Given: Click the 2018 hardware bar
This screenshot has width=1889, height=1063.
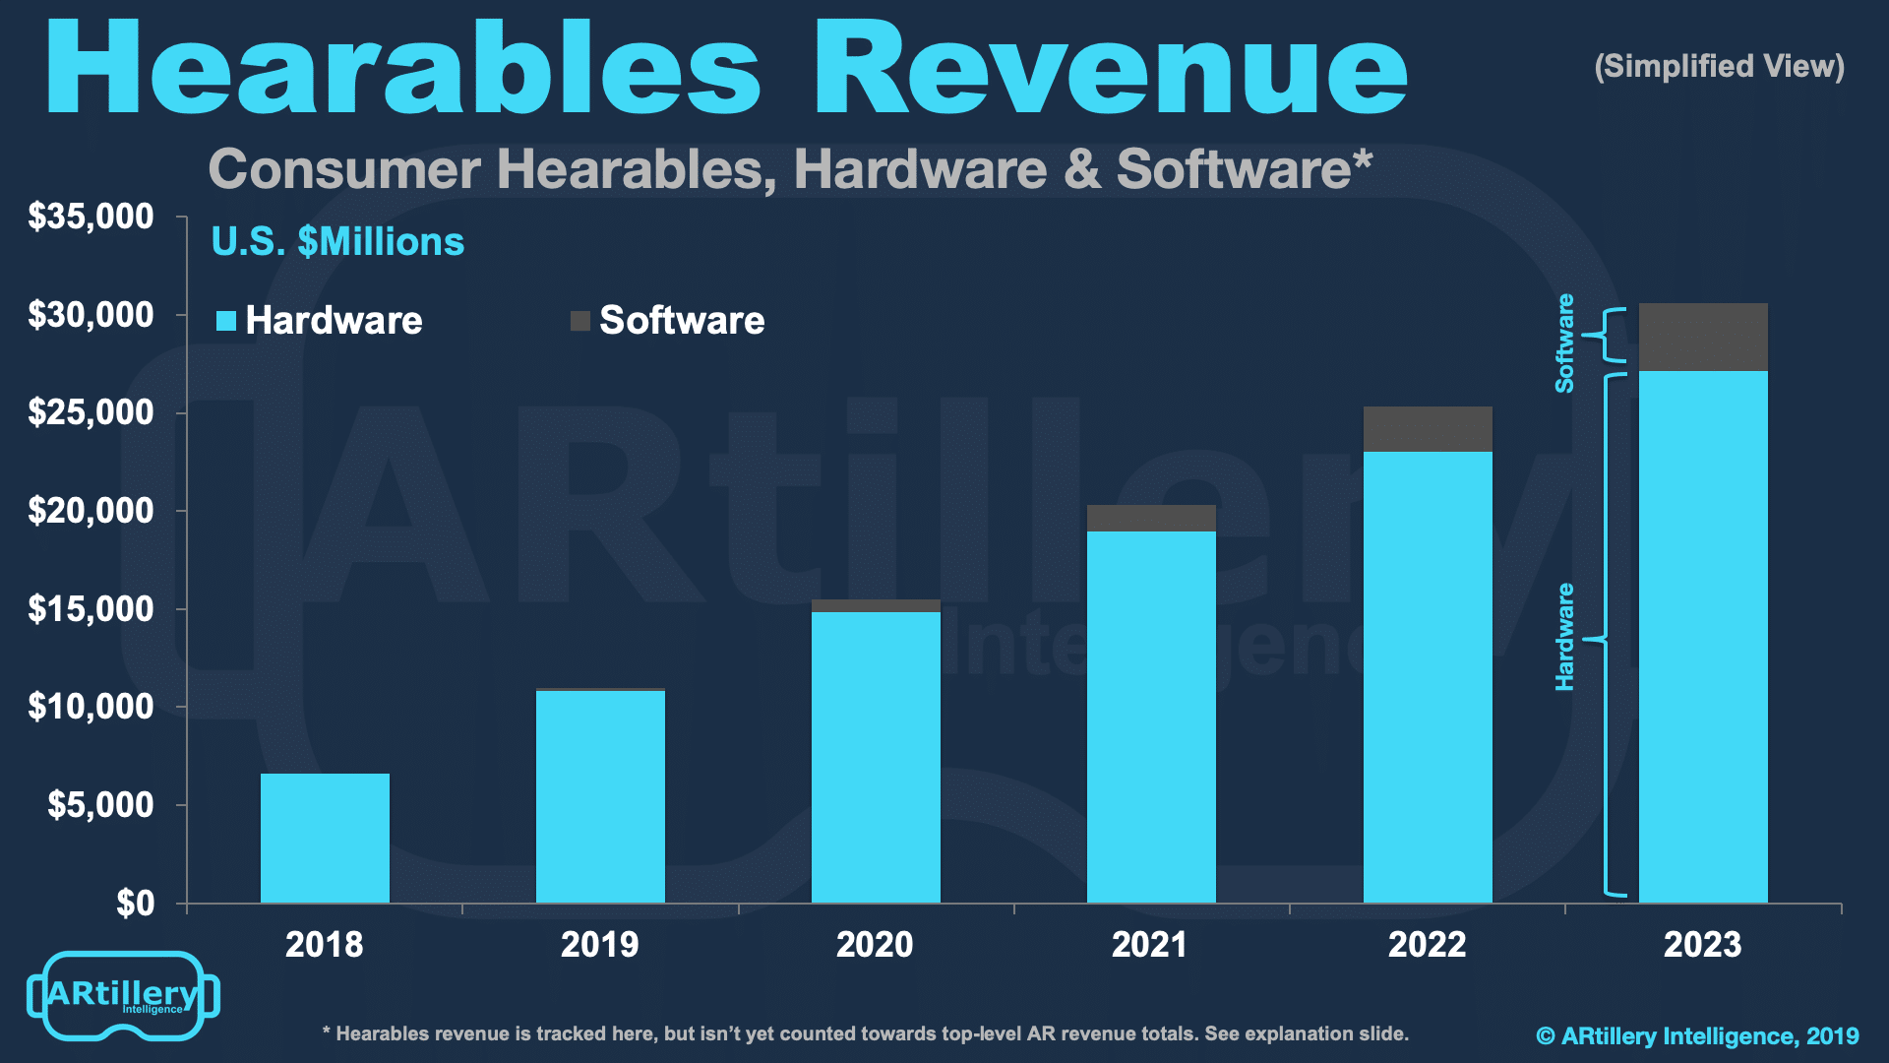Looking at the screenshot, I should pos(325,838).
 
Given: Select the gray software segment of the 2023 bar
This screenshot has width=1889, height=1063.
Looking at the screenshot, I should pos(1702,337).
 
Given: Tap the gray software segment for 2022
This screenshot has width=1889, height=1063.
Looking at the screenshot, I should pos(1427,429).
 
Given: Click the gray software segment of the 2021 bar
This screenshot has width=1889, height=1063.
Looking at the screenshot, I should pos(1151,518).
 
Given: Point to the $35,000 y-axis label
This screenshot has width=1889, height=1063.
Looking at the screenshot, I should pos(91,217).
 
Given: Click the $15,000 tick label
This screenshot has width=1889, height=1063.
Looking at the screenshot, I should pos(91,609).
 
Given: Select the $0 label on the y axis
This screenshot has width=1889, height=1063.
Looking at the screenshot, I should pos(135,903).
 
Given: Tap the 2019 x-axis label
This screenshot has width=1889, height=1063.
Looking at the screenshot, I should pos(599,945).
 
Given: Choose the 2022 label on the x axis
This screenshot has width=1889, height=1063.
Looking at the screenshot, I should pos(1427,945).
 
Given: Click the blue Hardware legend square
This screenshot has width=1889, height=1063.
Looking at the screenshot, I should pos(226,321).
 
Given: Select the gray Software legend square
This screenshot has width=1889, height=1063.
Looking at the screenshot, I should pos(580,321).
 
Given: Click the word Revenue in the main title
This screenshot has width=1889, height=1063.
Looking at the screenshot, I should pos(1110,69).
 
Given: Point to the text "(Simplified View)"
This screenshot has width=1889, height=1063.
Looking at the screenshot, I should pos(1719,66).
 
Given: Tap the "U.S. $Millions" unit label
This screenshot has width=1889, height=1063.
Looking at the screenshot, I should pos(337,242).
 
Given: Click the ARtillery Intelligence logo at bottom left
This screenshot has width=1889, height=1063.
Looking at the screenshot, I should pos(123,995).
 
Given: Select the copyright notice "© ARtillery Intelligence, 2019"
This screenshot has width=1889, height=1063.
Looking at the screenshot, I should pos(1697,1035).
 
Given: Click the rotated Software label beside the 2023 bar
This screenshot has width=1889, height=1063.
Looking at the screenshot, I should pos(1564,344).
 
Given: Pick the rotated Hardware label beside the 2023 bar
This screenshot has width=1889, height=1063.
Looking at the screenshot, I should pos(1564,637).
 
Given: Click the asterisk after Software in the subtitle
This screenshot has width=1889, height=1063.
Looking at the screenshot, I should pos(1363,157).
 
